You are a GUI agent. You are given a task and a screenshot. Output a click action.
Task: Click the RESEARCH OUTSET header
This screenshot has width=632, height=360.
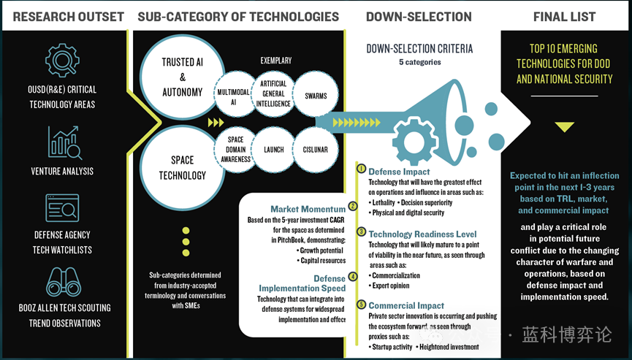pyautogui.click(x=69, y=16)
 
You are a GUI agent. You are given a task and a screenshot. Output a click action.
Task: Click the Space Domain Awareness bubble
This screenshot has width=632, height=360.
pyautogui.click(x=235, y=150)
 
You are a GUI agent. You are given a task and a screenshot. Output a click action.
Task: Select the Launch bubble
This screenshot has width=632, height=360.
pyautogui.click(x=273, y=150)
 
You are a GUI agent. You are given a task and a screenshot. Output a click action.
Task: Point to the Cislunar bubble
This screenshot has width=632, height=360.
pyautogui.click(x=315, y=150)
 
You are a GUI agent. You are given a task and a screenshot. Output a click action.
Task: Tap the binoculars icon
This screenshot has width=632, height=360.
pyautogui.click(x=62, y=283)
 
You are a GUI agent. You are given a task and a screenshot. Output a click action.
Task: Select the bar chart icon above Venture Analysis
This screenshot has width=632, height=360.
pyautogui.click(x=64, y=143)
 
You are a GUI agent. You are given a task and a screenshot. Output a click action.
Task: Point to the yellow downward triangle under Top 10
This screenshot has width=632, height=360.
pyautogui.click(x=564, y=127)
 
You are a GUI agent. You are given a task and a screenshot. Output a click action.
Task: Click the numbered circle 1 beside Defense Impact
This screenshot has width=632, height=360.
pyautogui.click(x=360, y=169)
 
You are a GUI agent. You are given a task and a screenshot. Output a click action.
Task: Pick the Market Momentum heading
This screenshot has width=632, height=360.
pyautogui.click(x=308, y=210)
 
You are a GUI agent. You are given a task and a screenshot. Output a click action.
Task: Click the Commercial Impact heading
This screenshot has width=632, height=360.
pyautogui.click(x=406, y=305)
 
